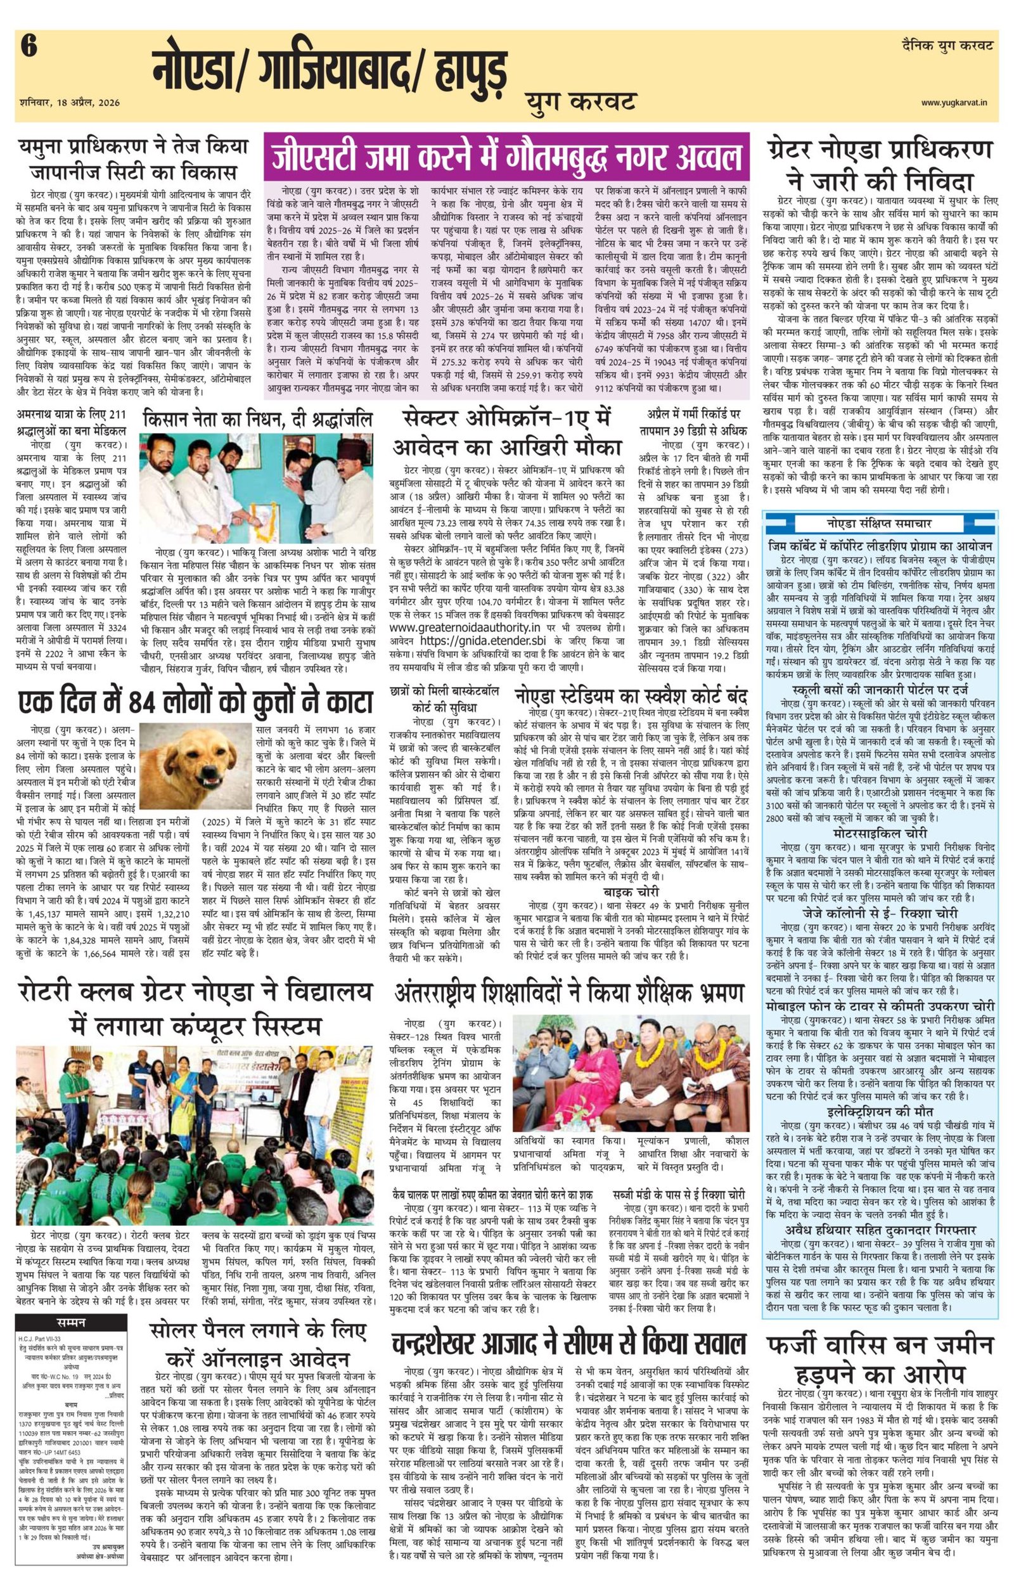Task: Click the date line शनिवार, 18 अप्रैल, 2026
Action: tap(70, 103)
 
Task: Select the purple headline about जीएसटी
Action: tap(507, 157)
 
